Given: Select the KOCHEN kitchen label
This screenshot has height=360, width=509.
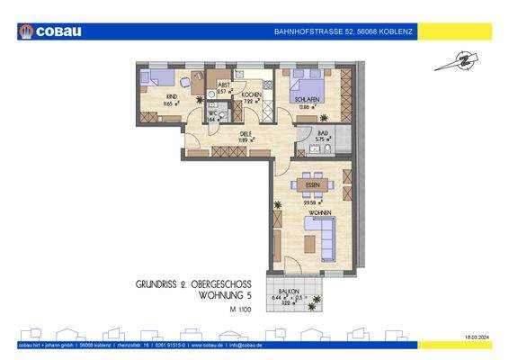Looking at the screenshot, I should pos(251,94).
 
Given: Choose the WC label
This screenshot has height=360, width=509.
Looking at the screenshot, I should pos(212,112).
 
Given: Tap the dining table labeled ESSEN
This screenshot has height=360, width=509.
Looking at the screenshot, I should pos(313,185).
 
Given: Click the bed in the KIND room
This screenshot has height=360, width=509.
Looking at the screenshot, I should pos(159,76).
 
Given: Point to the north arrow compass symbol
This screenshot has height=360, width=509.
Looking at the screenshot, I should pos(451,62).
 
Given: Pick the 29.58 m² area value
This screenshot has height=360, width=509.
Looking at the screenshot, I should pos(311,203).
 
